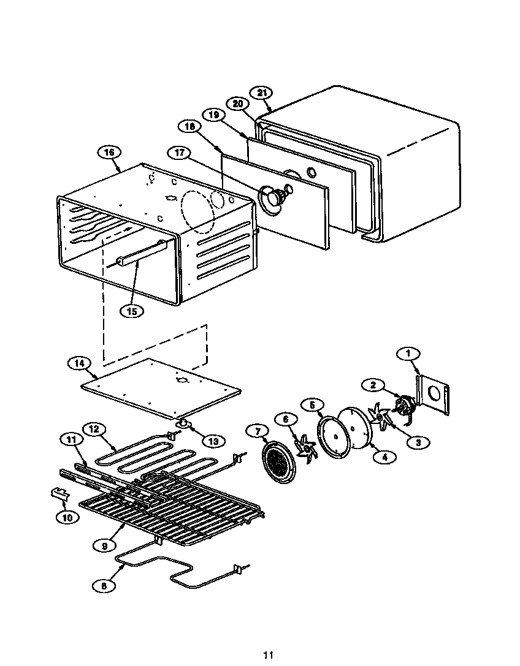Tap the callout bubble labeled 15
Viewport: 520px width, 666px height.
(x=131, y=311)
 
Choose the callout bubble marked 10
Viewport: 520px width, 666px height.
(x=67, y=517)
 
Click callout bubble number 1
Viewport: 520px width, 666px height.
(x=408, y=353)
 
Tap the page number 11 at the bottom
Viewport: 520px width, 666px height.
(x=268, y=655)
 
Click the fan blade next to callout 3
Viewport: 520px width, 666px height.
(x=381, y=417)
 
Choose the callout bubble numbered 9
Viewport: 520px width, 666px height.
(x=104, y=543)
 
